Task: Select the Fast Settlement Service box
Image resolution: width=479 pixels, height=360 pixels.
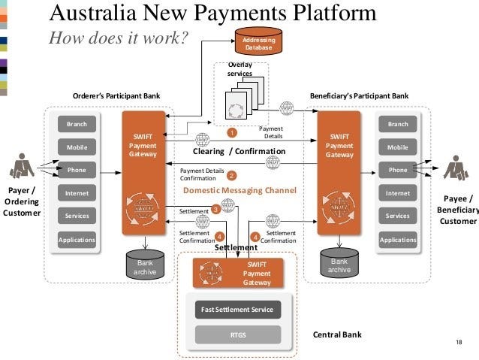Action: point(237,309)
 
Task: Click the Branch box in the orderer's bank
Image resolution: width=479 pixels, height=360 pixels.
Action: point(77,124)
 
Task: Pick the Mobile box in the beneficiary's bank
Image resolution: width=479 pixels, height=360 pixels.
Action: point(398,147)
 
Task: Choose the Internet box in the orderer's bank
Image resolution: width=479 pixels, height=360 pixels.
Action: point(77,193)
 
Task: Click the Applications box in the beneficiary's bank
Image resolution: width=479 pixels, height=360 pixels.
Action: point(398,240)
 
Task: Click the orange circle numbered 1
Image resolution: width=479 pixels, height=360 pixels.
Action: point(232,132)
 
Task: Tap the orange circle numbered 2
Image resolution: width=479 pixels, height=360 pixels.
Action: point(231,176)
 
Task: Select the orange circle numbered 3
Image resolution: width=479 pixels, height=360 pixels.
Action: point(215,210)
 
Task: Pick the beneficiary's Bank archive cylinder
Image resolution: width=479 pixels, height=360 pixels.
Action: point(339,264)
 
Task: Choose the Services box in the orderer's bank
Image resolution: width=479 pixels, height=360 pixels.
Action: point(77,216)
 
